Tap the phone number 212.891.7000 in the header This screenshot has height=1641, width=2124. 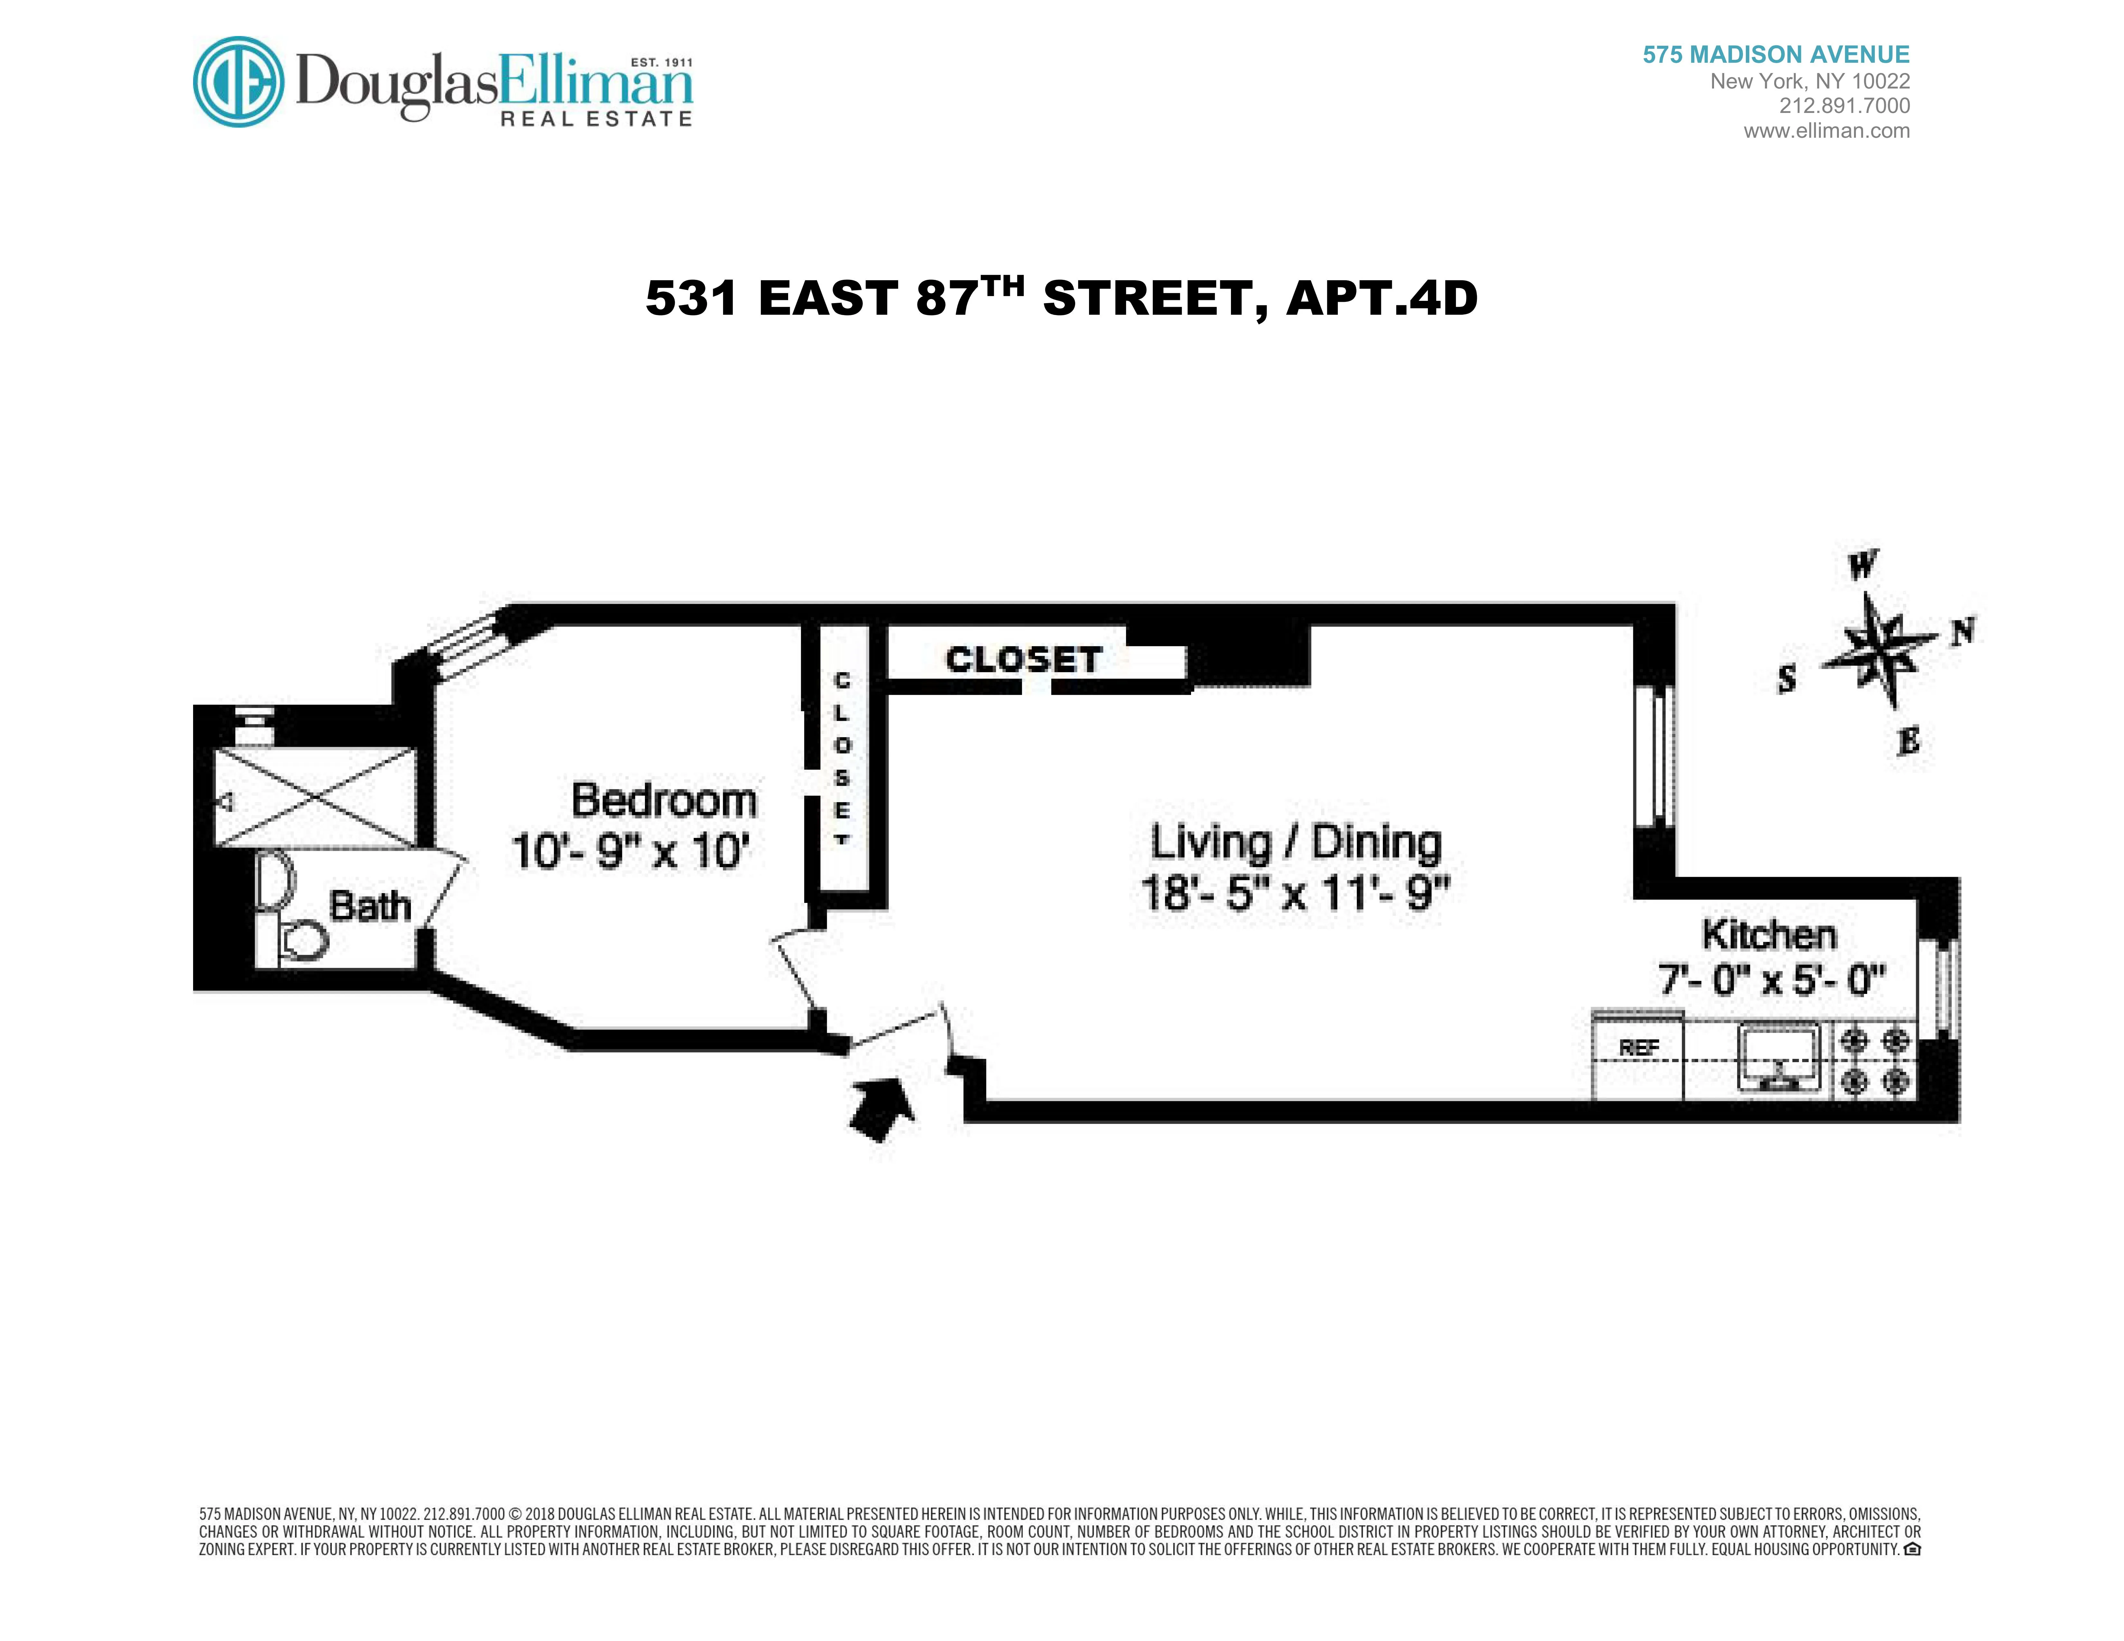1844,106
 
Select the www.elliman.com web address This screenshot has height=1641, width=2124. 1826,131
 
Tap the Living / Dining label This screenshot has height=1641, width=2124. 1295,843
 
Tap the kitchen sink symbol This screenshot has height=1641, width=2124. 1779,1056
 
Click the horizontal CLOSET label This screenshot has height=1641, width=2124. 1023,660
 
